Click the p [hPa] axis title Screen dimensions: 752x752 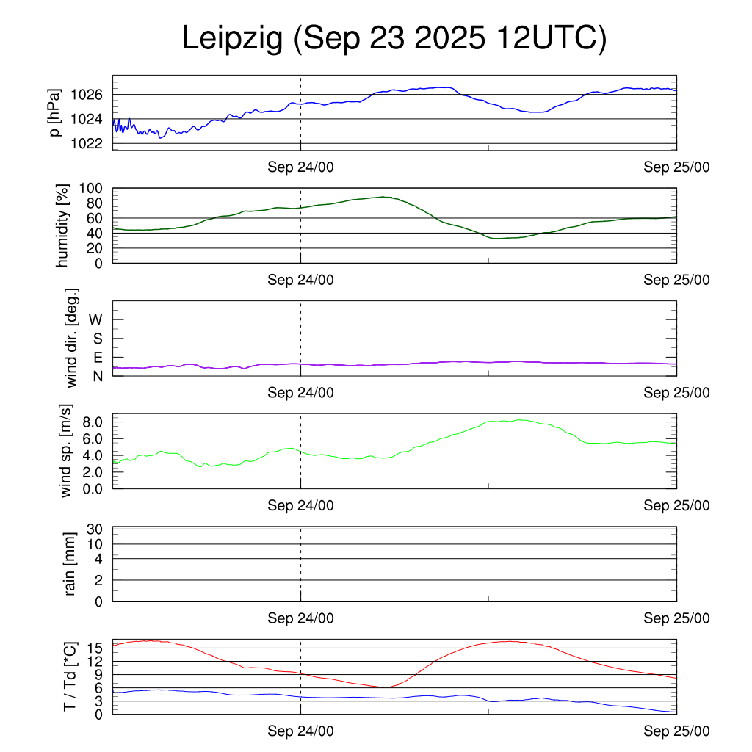55,112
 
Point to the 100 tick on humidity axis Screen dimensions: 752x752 91,188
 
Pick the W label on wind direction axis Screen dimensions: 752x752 95,319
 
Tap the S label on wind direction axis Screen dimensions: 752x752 97,338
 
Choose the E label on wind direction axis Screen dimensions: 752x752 97,357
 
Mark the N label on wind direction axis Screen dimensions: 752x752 97,375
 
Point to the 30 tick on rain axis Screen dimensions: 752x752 95,529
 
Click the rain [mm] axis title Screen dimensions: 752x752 70,563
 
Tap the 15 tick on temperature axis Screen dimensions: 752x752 95,648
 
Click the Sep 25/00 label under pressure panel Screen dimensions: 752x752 676,167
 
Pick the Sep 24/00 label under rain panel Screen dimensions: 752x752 300,618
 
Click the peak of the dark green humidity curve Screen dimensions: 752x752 383,197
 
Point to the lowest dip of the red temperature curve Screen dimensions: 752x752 386,687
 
